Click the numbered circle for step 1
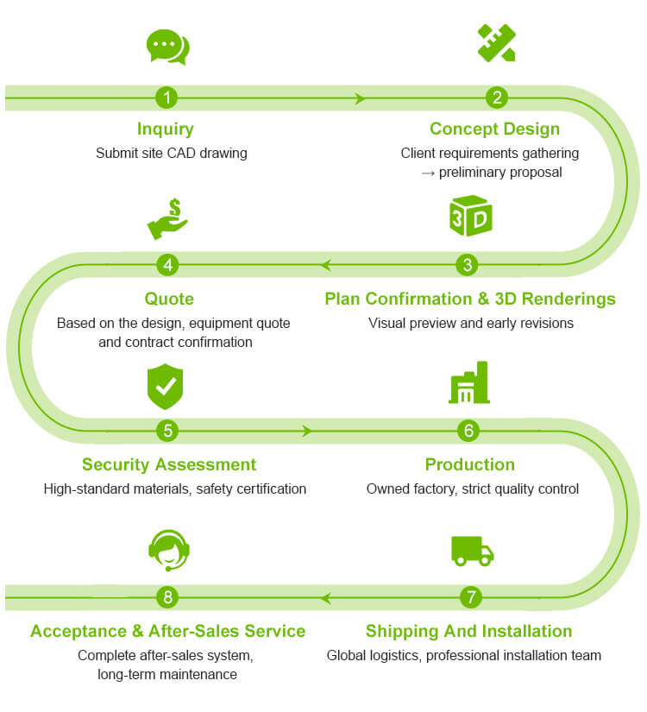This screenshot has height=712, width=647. click(x=166, y=98)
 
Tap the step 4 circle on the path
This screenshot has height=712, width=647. click(x=169, y=265)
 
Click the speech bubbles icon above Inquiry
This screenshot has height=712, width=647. click(x=167, y=47)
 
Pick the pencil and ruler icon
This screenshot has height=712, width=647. click(x=497, y=43)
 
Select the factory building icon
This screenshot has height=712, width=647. click(x=469, y=383)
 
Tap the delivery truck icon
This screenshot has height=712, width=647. click(x=472, y=551)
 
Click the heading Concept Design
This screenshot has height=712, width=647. click(x=494, y=129)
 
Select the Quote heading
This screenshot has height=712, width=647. click(x=169, y=299)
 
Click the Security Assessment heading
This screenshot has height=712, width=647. click(x=169, y=464)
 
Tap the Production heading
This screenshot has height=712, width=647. click(x=469, y=464)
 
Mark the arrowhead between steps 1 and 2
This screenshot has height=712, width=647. click(x=361, y=98)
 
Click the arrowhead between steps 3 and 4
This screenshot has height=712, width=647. click(x=326, y=265)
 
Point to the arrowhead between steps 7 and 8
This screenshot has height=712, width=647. click(x=325, y=596)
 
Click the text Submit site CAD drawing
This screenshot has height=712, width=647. click(x=172, y=154)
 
